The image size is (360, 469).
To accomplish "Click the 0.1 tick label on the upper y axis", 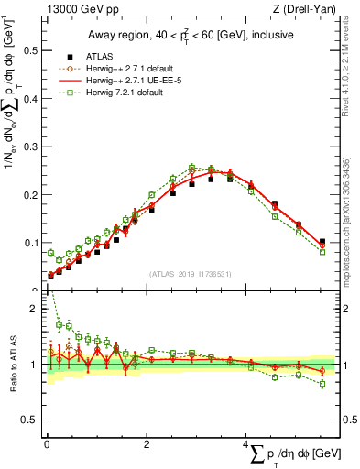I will coord(29,243).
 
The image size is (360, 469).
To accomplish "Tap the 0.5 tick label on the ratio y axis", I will coord(29,420).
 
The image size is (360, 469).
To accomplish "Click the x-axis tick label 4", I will coord(247,444).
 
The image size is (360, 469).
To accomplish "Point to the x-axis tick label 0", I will coord(47,444).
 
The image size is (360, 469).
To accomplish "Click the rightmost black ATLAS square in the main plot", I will coord(322,242).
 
